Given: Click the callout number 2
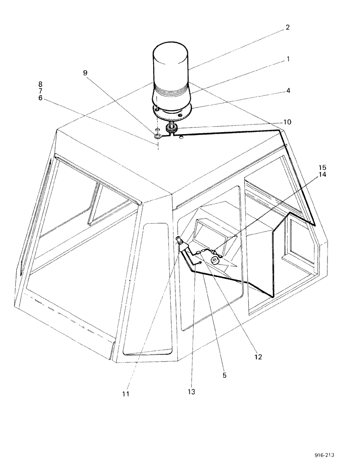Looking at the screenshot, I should pyautogui.click(x=287, y=27).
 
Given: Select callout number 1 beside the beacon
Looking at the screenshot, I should pyautogui.click(x=287, y=59).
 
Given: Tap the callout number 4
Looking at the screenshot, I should pyautogui.click(x=288, y=91).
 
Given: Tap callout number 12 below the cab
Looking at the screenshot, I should pyautogui.click(x=258, y=357).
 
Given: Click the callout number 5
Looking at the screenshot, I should pyautogui.click(x=224, y=375).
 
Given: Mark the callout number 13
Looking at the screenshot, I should pyautogui.click(x=192, y=392).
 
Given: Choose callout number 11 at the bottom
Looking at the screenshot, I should pyautogui.click(x=126, y=394).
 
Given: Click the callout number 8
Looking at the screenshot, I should pyautogui.click(x=41, y=84).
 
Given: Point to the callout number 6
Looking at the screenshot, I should pyautogui.click(x=41, y=99).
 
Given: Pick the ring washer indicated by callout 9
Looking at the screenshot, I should pyautogui.click(x=158, y=137).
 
